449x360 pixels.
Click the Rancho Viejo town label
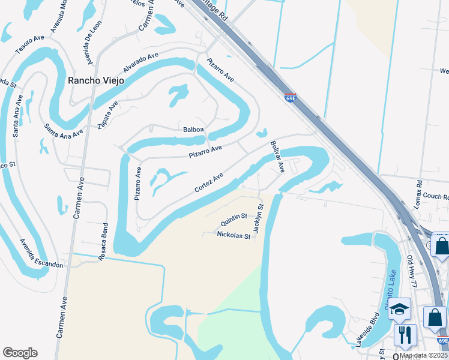point(96,80)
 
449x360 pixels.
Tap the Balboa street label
point(193,130)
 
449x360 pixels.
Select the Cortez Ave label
point(209,182)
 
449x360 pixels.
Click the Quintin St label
point(234,217)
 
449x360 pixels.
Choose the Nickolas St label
point(234,236)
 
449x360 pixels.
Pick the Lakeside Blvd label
point(367,329)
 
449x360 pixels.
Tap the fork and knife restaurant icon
point(405,335)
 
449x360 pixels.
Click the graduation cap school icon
point(399,309)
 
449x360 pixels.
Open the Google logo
point(20,353)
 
